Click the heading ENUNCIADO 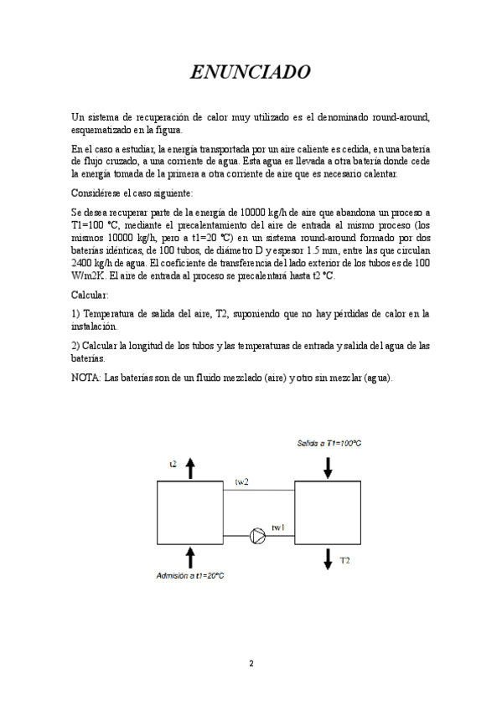pos(251,73)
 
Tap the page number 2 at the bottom pos(251,663)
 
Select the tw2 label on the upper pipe pos(241,482)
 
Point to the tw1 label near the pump pos(278,527)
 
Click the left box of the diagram pos(189,514)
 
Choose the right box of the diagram pos(328,514)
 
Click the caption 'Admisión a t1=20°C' pos(191,575)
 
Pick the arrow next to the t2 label pos(190,468)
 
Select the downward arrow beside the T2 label pos(328,559)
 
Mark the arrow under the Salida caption pos(328,467)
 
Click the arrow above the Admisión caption pos(190,558)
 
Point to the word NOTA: pos(85,378)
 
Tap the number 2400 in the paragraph pos(85,261)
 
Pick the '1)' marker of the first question pos(75,313)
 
